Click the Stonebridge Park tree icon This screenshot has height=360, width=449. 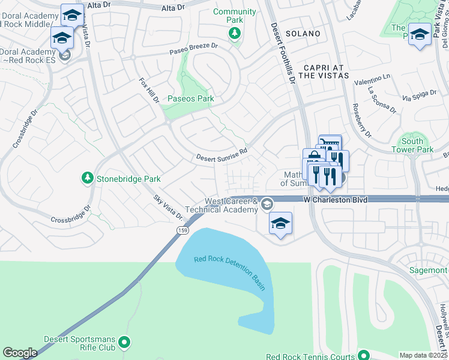point(88,178)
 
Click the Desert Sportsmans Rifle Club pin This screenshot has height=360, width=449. point(125,343)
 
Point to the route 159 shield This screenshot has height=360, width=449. point(181,230)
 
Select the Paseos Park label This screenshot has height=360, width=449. point(190,98)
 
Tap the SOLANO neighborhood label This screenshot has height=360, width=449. point(303,34)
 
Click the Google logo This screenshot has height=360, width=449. point(20,352)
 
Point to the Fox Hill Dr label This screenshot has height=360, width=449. point(149,91)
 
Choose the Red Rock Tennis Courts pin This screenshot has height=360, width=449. point(361,354)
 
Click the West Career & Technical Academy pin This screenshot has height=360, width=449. point(267,206)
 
